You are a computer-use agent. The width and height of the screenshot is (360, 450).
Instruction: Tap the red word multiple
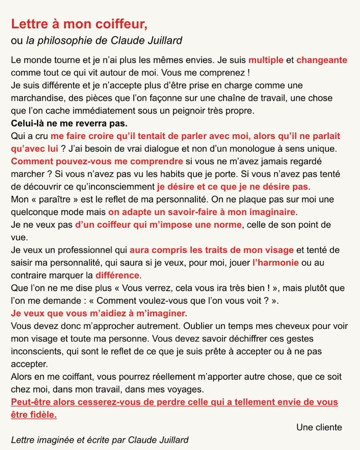tap(266, 60)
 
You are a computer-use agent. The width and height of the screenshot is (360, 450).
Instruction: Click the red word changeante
tap(322, 60)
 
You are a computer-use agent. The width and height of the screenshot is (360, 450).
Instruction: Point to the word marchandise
tap(38, 98)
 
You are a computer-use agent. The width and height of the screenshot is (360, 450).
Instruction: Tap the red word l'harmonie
tap(275, 262)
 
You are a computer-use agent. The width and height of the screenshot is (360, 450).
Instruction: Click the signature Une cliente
tap(319, 427)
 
